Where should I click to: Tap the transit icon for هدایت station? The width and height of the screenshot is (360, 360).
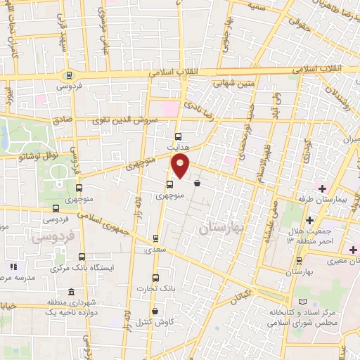[176, 136]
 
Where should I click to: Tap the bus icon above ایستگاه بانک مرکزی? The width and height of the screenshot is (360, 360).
[83, 257]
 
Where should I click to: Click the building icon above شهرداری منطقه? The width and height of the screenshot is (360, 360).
[70, 292]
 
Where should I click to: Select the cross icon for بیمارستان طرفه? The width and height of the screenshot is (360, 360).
[322, 188]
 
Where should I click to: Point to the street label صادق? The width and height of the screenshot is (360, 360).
[63, 120]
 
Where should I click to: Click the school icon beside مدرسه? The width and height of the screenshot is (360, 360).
[12, 267]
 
